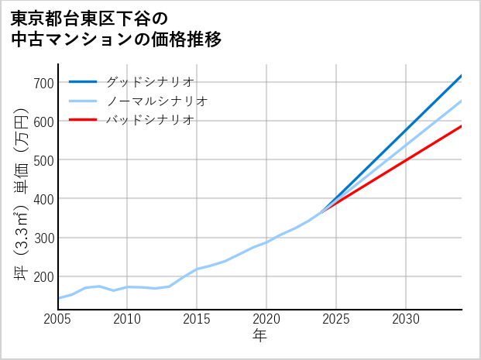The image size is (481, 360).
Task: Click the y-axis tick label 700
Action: (x=43, y=83)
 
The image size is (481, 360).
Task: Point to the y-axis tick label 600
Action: (x=43, y=122)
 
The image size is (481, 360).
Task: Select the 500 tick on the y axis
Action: (x=43, y=160)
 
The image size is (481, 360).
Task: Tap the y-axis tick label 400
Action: (x=43, y=199)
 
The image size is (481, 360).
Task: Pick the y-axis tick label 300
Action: (x=43, y=238)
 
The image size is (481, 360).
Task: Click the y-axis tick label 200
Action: (x=43, y=276)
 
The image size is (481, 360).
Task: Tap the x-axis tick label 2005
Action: (x=58, y=319)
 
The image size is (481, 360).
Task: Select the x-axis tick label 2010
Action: (x=127, y=319)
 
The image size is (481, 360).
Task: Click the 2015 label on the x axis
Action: (x=197, y=319)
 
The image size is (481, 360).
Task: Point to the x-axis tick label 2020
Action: (x=266, y=319)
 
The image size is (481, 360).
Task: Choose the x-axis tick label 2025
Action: (x=336, y=319)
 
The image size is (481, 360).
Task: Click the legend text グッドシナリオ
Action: (x=149, y=81)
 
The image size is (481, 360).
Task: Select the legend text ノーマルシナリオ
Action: (x=156, y=101)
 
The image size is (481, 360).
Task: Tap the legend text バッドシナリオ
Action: (x=149, y=120)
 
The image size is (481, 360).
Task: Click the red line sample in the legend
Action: (x=83, y=120)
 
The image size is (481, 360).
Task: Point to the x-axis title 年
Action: (x=259, y=336)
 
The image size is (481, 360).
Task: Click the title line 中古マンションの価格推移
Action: (x=116, y=39)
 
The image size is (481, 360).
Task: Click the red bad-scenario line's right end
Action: (x=461, y=126)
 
